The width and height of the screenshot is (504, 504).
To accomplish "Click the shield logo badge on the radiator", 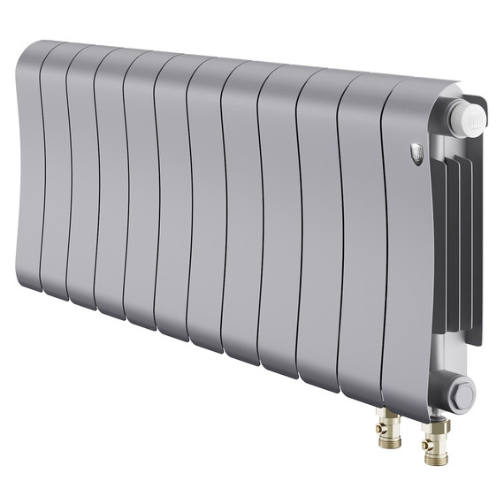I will point(417,156).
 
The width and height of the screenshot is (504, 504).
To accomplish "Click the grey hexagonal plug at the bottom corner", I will point(459,393).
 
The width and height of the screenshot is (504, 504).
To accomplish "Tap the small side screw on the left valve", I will point(379,427).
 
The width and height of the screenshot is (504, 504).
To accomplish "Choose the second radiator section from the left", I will point(54,172).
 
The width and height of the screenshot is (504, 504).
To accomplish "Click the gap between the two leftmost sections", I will point(42,168).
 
